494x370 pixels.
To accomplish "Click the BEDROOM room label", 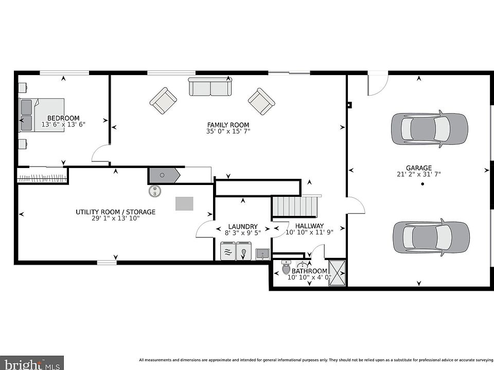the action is (x=63, y=118).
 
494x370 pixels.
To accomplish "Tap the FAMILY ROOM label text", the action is (x=228, y=125).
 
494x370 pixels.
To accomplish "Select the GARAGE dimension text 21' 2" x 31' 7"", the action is (x=419, y=174).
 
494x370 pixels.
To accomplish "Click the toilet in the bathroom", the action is (x=286, y=267).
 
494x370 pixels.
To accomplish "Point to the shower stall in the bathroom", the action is (x=337, y=272).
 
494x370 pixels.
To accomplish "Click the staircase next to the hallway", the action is (x=295, y=206).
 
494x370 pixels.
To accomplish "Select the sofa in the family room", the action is (x=210, y=86).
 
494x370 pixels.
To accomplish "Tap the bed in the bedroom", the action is (x=42, y=115).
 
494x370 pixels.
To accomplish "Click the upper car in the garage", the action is (x=429, y=129).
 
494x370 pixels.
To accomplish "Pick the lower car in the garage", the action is (x=431, y=237).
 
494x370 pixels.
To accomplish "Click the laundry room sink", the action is (x=262, y=253).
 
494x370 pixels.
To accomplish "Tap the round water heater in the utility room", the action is (x=155, y=191).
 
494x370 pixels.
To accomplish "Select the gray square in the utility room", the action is (x=184, y=203).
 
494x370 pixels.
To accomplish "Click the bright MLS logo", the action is (x=31, y=363).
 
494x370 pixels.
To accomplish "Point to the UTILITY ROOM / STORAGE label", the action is (x=116, y=212).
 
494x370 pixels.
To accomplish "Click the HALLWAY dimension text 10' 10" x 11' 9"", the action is (x=309, y=232).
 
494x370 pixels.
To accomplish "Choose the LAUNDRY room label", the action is (x=243, y=227).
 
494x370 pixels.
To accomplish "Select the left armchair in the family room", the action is (x=163, y=101).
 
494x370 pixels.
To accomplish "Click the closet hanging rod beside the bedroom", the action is (x=43, y=178).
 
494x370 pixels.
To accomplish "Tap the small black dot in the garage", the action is (x=422, y=184).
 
